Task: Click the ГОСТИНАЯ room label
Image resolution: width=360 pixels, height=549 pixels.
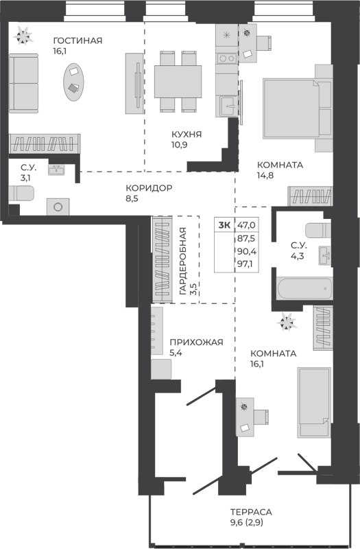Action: point(77,40)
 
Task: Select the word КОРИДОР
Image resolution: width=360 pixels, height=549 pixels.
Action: point(149,189)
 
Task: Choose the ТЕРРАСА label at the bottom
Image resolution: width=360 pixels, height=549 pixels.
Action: point(252,512)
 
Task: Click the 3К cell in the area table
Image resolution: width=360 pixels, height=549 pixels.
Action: point(224,224)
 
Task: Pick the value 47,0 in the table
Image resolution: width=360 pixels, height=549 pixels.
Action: point(246,224)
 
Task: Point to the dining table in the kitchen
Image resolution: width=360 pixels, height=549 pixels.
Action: point(178,81)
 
